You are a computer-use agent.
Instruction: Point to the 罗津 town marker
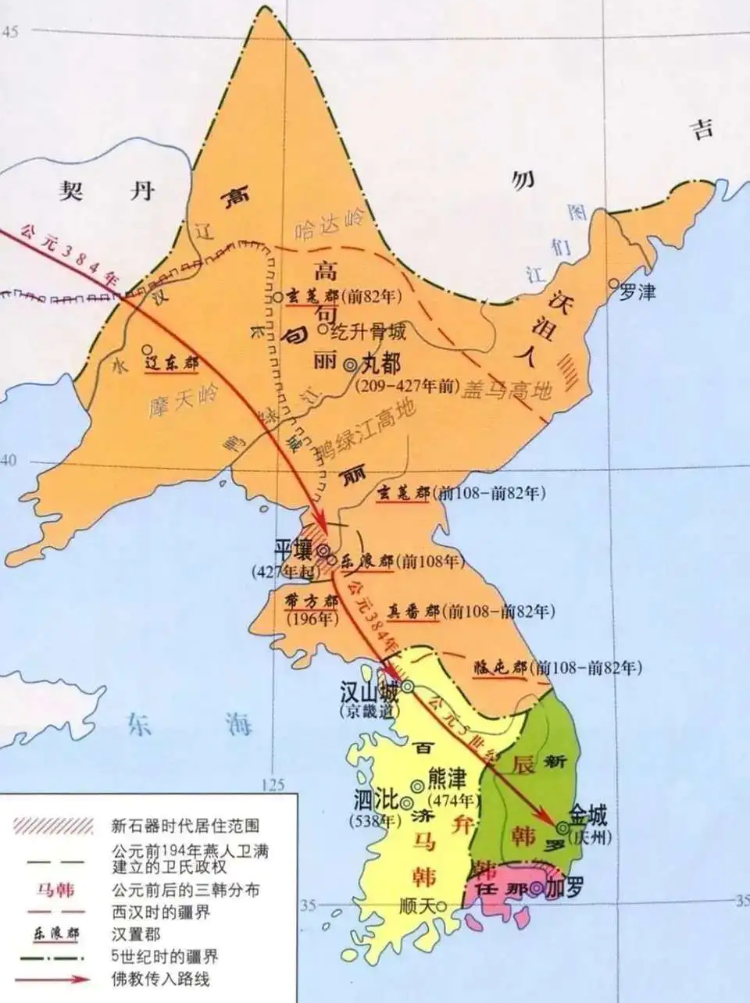click(x=616, y=285)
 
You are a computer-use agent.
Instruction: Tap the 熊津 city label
click(x=446, y=780)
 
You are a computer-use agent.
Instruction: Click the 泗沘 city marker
click(x=406, y=801)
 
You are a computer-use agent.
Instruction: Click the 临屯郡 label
click(x=500, y=668)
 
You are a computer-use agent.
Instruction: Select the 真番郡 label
click(x=414, y=612)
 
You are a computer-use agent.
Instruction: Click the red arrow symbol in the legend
click(x=55, y=977)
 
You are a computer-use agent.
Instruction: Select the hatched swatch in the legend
click(x=55, y=826)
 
